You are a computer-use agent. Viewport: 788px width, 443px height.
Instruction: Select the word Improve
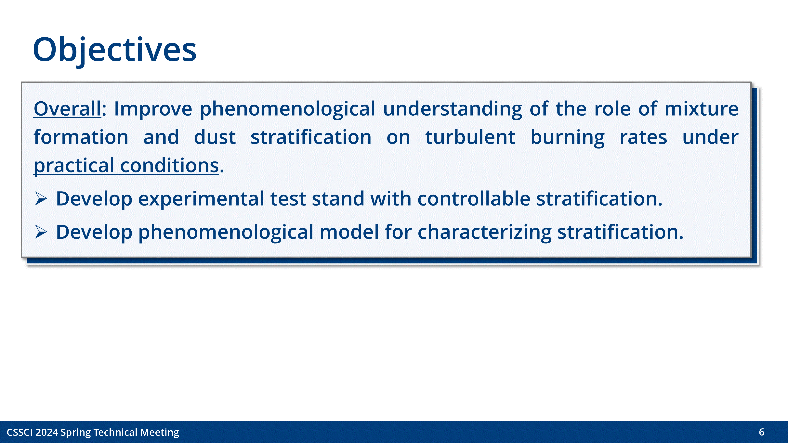pyautogui.click(x=153, y=109)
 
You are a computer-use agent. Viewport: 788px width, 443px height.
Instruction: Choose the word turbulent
pyautogui.click(x=470, y=137)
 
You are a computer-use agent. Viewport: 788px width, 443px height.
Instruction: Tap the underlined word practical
pyautogui.click(x=74, y=166)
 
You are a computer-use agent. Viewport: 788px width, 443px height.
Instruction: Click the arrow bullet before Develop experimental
pyautogui.click(x=41, y=198)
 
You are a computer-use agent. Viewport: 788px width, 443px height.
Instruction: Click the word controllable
pyautogui.click(x=474, y=198)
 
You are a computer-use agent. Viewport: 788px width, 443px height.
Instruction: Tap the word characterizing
pyautogui.click(x=484, y=232)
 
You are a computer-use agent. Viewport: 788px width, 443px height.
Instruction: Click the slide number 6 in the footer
pyautogui.click(x=761, y=432)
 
